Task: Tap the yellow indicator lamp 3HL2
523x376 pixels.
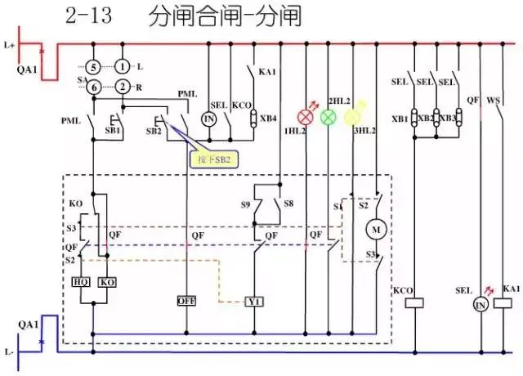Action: (x=352, y=117)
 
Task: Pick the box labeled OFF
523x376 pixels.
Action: (x=186, y=301)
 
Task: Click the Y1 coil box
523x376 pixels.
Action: (x=254, y=301)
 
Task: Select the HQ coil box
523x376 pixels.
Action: (x=82, y=281)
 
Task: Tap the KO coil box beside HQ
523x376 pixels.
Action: (x=106, y=281)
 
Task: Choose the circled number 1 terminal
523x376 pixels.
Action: (x=122, y=65)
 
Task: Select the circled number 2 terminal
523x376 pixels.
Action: (x=122, y=87)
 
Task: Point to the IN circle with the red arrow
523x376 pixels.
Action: (x=481, y=304)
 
